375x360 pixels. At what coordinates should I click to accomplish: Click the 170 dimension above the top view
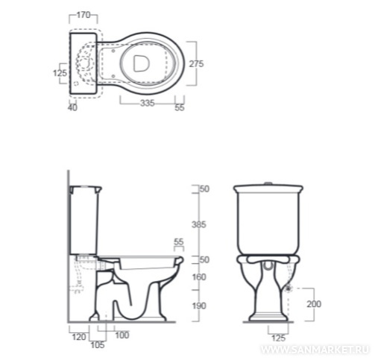click(x=83, y=15)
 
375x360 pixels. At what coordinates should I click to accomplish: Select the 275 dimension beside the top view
click(x=196, y=64)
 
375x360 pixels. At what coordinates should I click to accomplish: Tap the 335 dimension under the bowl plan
click(x=148, y=103)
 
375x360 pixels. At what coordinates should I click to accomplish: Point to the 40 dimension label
click(x=72, y=108)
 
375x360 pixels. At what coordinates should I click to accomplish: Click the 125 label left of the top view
click(x=60, y=73)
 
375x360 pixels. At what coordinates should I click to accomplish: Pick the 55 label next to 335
click(x=180, y=107)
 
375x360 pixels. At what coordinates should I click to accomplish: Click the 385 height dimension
click(x=199, y=224)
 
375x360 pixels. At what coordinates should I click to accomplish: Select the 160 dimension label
click(x=199, y=277)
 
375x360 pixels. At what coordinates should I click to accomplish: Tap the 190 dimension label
click(x=199, y=306)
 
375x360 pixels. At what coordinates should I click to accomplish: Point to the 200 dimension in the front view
click(x=314, y=304)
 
